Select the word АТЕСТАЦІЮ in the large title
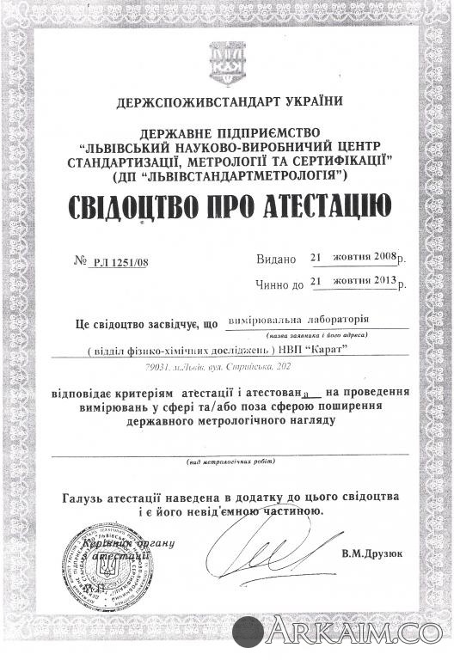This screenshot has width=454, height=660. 324,206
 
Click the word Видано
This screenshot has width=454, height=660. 275,259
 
